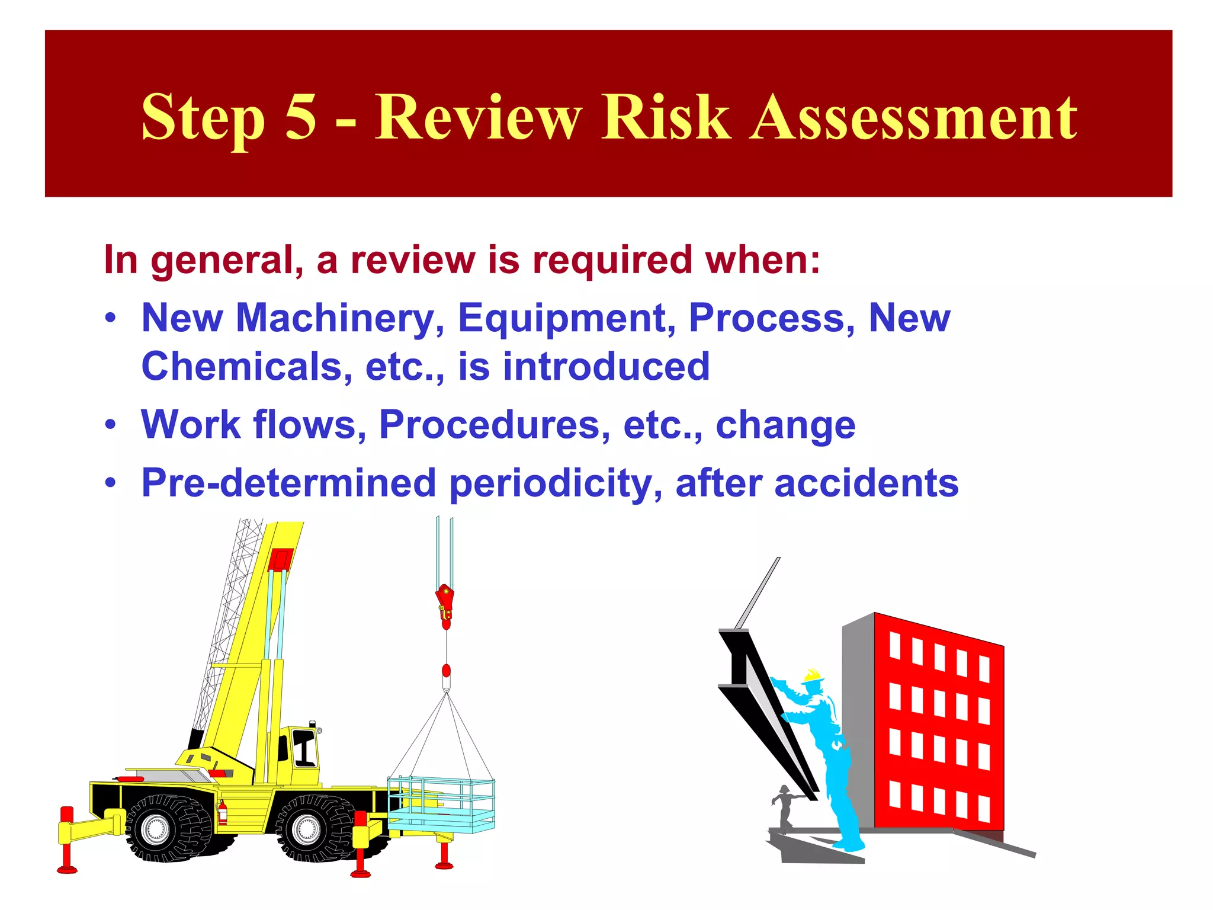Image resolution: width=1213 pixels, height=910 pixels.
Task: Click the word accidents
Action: click(x=866, y=483)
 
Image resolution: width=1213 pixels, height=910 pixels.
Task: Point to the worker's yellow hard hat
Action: click(x=813, y=675)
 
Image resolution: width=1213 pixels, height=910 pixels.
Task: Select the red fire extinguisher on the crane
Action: click(x=223, y=812)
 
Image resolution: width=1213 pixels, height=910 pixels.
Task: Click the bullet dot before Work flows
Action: click(x=110, y=425)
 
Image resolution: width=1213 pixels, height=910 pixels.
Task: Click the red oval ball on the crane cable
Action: click(x=446, y=671)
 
